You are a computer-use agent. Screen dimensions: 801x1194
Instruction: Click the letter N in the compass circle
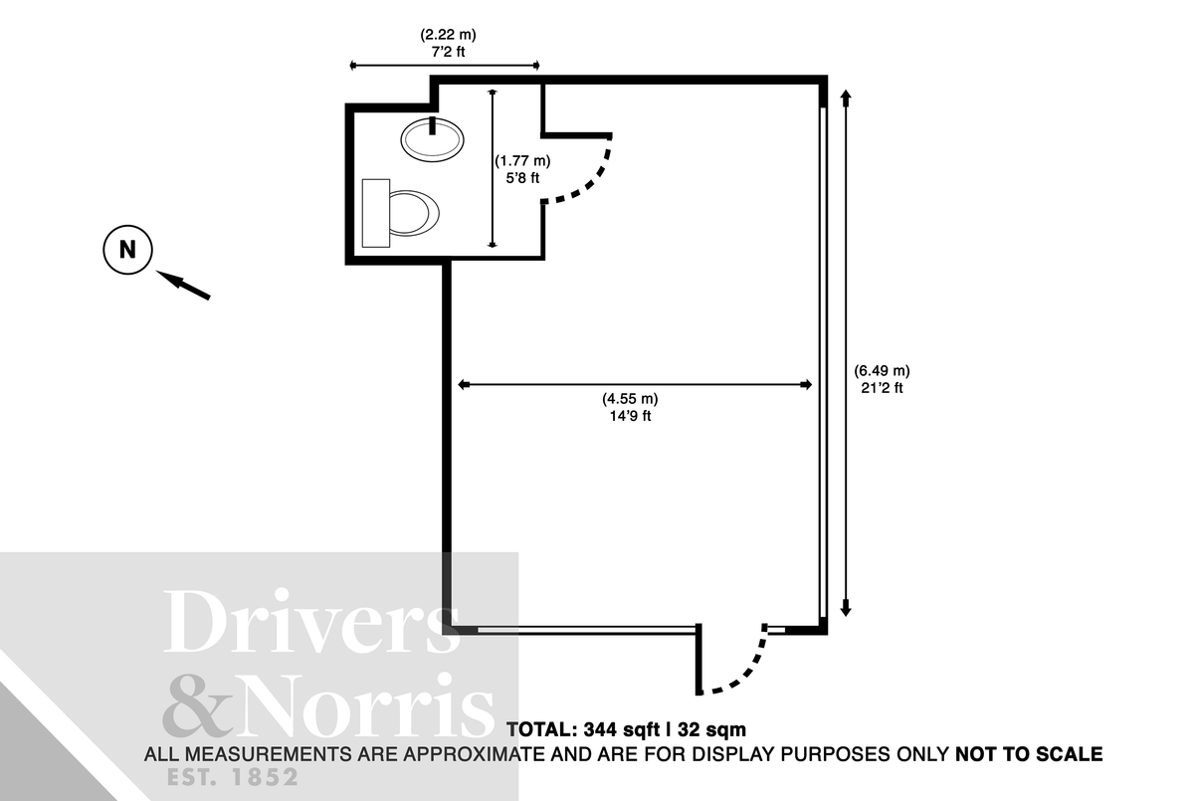(127, 249)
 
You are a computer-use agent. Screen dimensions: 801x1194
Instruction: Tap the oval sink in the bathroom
(432, 139)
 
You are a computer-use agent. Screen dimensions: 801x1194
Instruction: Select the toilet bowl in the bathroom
(412, 212)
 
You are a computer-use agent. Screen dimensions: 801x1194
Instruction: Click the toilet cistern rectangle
(375, 212)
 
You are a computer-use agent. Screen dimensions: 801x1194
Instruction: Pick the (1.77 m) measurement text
(522, 160)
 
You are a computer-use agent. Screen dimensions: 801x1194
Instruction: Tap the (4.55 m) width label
(630, 399)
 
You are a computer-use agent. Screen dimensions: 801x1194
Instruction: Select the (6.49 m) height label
(882, 371)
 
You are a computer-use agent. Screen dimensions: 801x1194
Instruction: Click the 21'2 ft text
(882, 388)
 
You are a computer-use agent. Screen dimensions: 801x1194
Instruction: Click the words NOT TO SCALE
(1029, 754)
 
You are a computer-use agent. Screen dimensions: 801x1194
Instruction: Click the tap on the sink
(433, 125)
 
